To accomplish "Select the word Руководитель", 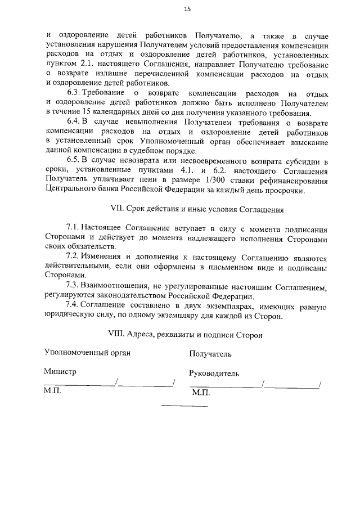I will [214, 373].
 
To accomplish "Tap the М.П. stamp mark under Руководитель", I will [200, 392].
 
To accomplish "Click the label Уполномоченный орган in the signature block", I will [87, 353].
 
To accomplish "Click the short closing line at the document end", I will [184, 406].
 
